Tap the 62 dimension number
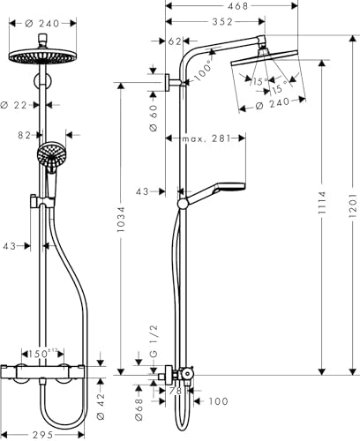pyautogui.click(x=174, y=41)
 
